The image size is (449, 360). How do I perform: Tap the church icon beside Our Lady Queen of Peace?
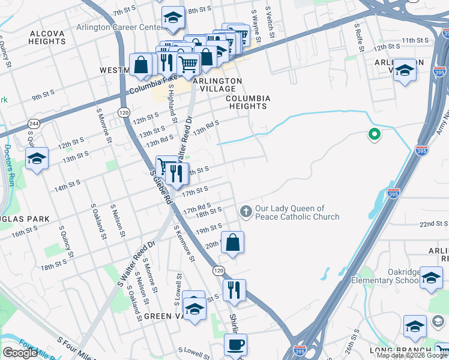(246, 211)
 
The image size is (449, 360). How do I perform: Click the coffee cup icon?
(235, 345)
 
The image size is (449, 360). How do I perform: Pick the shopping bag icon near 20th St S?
(233, 242)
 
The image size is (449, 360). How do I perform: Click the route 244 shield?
(29, 123)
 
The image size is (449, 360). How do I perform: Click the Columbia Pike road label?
(149, 89)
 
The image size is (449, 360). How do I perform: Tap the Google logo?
(20, 352)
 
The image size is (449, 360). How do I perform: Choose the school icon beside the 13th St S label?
(37, 158)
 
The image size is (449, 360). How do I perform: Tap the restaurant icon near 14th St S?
(176, 173)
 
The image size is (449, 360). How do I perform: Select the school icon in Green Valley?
(194, 307)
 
